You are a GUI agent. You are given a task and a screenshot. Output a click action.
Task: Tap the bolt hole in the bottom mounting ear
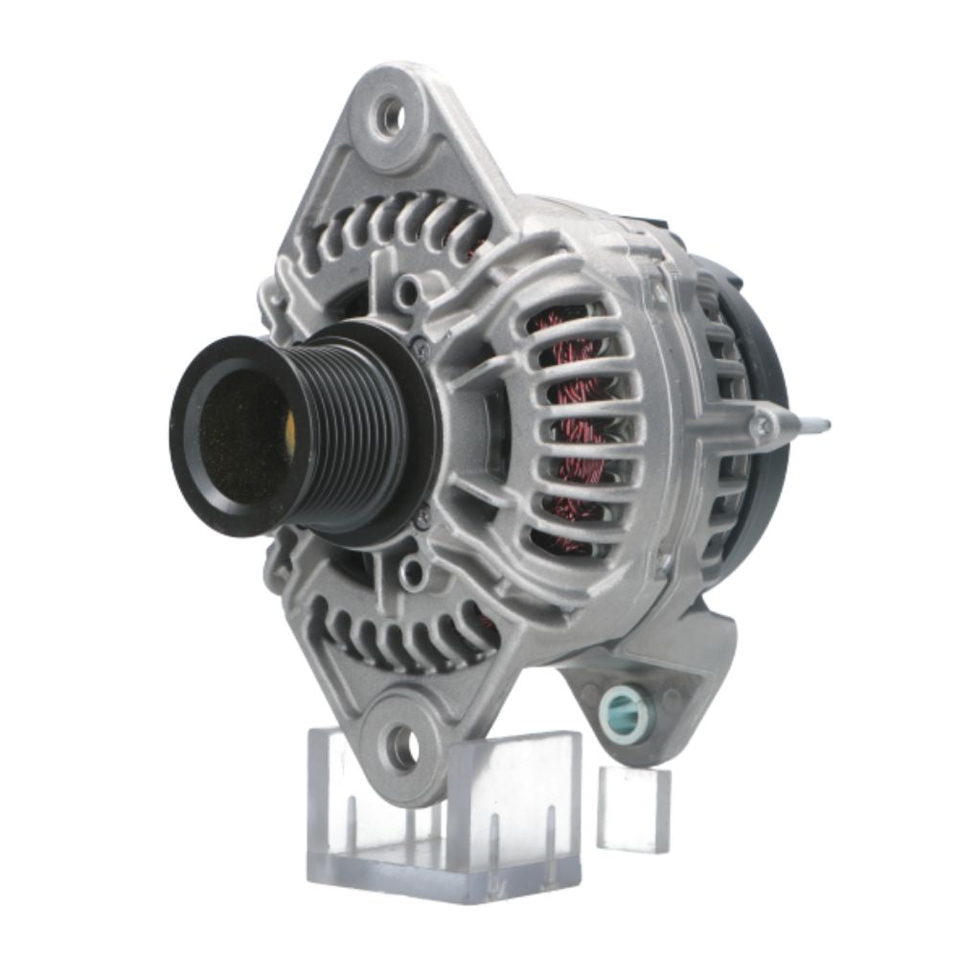[x=399, y=744]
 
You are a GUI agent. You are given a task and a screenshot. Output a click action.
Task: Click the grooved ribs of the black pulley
[x=345, y=436]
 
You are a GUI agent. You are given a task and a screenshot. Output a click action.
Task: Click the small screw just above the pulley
[x=420, y=350]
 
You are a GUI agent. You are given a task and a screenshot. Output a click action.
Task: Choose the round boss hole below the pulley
[x=413, y=573]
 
